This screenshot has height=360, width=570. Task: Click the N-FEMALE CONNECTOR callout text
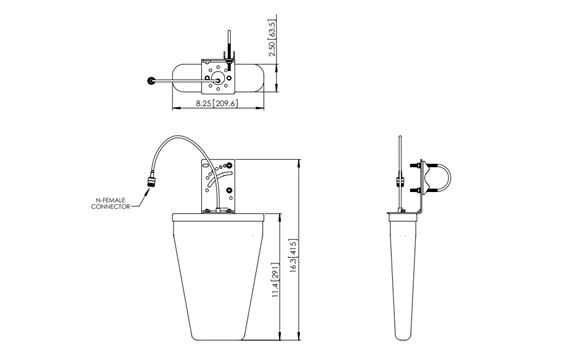[x=112, y=204]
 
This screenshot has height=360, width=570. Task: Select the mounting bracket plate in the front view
[x=218, y=185]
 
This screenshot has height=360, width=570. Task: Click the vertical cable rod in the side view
[x=399, y=170]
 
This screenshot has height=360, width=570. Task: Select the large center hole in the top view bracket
[x=216, y=80]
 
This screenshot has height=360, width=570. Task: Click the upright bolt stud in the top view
[x=227, y=47]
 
